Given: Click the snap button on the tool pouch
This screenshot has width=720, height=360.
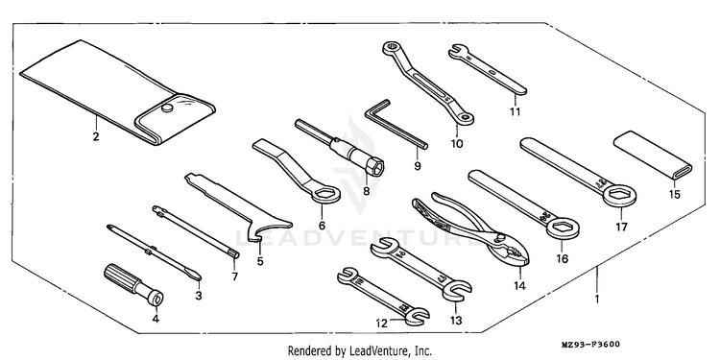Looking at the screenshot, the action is point(168,108).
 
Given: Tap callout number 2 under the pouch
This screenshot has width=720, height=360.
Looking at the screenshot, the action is point(96,136).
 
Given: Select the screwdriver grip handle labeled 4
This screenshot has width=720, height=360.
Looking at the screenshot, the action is point(133,284).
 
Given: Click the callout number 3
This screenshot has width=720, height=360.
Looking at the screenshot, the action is point(199,296).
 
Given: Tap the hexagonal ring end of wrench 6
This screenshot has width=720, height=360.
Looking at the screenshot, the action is point(325,194).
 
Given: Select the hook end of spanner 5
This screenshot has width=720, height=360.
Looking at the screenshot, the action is point(253,235).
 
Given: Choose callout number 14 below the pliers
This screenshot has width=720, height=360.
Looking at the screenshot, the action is point(519,286).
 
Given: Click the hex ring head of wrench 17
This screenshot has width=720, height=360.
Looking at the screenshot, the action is point(619,197).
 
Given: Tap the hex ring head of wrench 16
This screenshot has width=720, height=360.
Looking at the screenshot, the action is point(563,228).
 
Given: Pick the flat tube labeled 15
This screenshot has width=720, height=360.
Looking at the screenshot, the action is point(653,155).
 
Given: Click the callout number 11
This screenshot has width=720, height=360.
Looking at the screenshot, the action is point(515,111).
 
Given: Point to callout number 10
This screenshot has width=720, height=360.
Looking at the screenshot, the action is point(456,144).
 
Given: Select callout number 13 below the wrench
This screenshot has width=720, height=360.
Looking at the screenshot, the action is point(456,320).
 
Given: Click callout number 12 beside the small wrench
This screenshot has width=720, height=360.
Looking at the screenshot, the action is point(382,324).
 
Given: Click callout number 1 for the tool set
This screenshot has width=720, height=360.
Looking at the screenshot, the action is point(597,300).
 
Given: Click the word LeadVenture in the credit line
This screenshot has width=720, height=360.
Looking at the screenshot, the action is point(374,351).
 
